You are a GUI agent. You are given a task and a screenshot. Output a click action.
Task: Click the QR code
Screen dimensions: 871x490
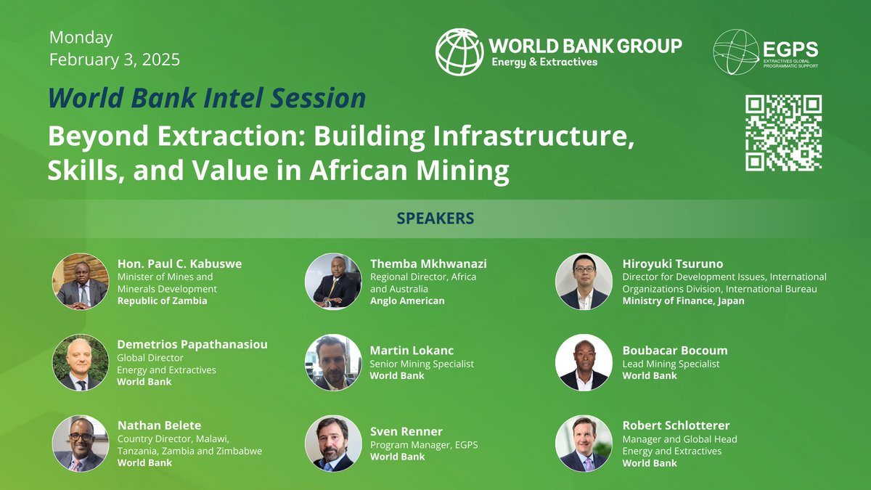pos(783,133)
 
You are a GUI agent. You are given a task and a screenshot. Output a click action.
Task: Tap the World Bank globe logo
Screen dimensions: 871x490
pos(459,52)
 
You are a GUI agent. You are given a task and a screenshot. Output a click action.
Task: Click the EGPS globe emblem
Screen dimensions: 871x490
pos(736,52)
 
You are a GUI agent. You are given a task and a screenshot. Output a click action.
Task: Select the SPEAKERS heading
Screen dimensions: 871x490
pos(435,219)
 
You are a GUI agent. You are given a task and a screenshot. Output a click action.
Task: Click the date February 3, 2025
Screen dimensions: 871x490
pos(115,60)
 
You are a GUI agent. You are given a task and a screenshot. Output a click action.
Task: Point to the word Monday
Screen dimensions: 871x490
pos(81,37)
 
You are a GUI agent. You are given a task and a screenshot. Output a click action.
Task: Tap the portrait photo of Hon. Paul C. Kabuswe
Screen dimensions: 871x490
pos(81,281)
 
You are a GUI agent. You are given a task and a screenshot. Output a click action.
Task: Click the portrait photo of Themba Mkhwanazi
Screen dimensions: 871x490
pos(333,281)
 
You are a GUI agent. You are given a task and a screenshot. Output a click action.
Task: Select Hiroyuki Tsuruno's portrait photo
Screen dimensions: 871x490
pos(584,281)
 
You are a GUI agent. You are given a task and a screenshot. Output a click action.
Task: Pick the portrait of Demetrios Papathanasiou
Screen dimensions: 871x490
pos(81,362)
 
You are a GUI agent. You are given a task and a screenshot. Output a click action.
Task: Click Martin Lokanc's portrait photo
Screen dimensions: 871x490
pos(333,362)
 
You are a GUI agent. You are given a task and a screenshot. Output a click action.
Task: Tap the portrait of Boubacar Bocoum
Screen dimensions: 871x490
pos(584,362)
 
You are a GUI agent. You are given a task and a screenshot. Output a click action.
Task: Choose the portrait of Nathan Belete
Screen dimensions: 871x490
pos(81,444)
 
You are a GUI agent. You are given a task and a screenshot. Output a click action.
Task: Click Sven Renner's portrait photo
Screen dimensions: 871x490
pos(333,444)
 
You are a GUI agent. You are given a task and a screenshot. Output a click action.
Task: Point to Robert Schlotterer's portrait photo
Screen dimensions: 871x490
pos(584,444)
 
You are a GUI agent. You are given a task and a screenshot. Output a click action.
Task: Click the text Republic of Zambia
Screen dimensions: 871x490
pos(162,301)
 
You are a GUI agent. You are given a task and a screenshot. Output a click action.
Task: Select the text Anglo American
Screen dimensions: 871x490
pos(407,301)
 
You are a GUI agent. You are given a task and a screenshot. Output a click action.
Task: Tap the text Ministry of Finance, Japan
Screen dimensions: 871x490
pos(683,301)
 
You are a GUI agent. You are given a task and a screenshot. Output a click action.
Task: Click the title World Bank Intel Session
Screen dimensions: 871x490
pos(207,98)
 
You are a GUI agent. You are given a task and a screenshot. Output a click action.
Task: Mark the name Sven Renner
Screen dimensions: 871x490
pos(406,431)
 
